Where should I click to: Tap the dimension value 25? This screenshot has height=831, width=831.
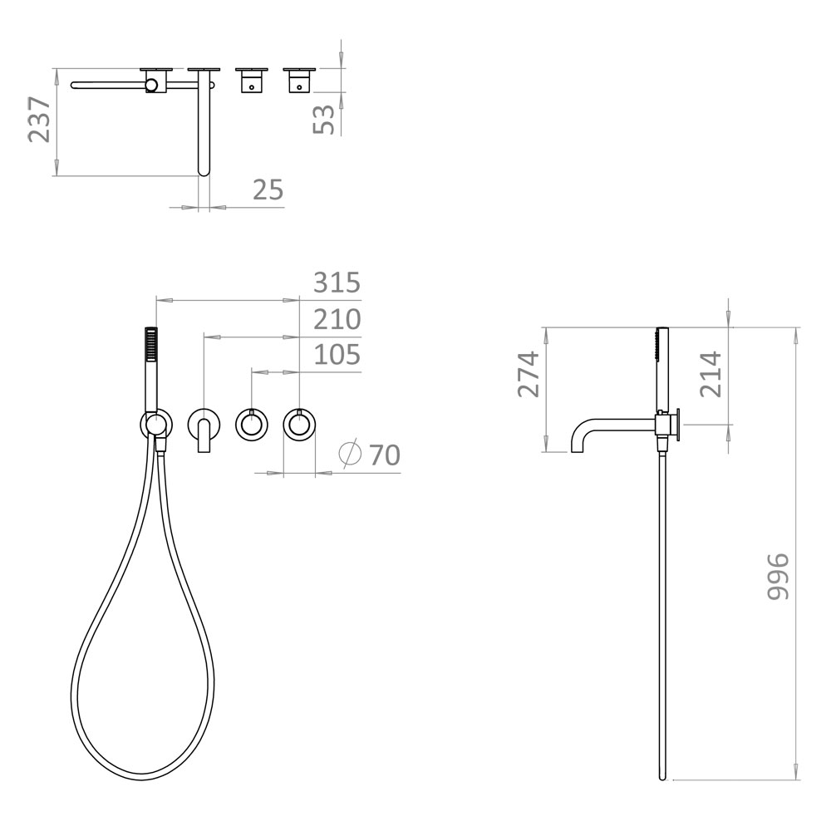268,190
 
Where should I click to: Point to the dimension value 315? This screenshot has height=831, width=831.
337,283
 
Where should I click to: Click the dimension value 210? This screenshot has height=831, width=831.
337,319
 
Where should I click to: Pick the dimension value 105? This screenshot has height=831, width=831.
337,355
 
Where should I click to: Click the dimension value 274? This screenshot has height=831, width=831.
529,374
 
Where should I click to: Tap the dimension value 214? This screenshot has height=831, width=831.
710,374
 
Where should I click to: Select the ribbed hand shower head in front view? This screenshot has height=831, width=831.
151,343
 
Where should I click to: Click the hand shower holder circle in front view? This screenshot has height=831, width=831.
156,425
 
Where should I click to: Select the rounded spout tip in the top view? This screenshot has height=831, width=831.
204,166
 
